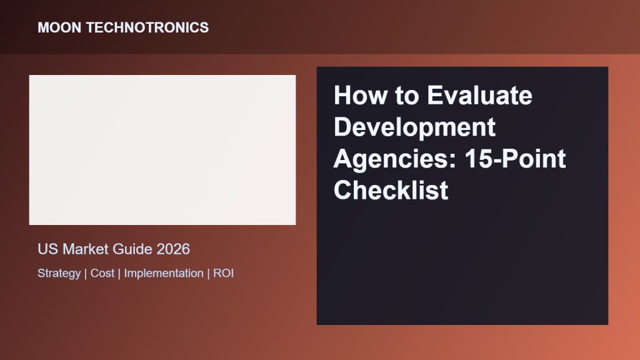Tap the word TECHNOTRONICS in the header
pyautogui.click(x=147, y=27)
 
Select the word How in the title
pyautogui.click(x=360, y=95)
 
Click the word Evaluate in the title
pyautogui.click(x=479, y=95)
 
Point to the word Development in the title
pyautogui.click(x=415, y=127)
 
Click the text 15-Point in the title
pyautogui.click(x=515, y=158)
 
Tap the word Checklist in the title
pyautogui.click(x=391, y=190)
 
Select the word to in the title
pyautogui.click(x=407, y=96)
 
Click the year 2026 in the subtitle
pyautogui.click(x=173, y=249)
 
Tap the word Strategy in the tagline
pyautogui.click(x=59, y=274)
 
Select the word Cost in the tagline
pyautogui.click(x=102, y=273)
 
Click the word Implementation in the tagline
pyautogui.click(x=164, y=274)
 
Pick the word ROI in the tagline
pyautogui.click(x=224, y=273)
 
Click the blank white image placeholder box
pyautogui.click(x=162, y=150)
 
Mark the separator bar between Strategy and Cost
pyautogui.click(x=86, y=274)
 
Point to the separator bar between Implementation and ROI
pyautogui.click(x=209, y=274)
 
